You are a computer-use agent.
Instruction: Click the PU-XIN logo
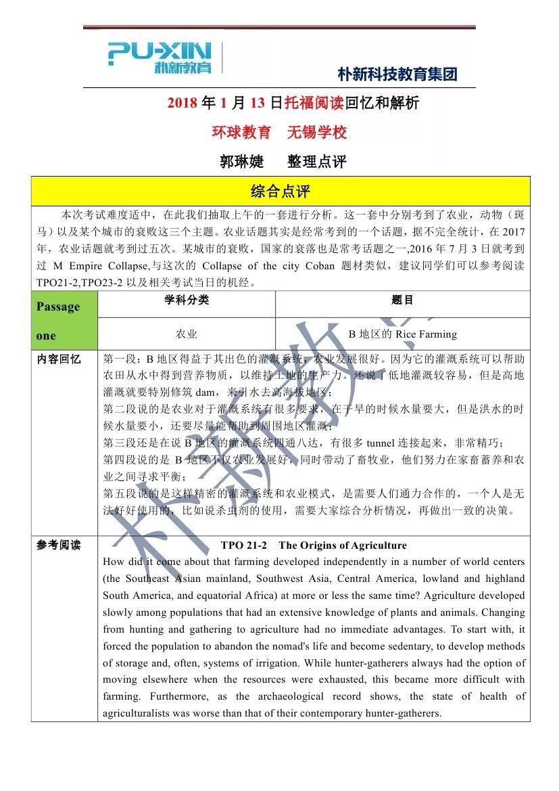click(x=160, y=58)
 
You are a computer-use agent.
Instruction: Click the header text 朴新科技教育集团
click(x=397, y=74)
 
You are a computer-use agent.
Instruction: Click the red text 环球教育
click(x=241, y=132)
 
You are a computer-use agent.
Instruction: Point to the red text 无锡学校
click(x=317, y=132)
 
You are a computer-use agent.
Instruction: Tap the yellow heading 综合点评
click(x=280, y=191)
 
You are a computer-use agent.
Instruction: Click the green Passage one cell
click(x=64, y=321)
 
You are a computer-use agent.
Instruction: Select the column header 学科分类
click(x=187, y=300)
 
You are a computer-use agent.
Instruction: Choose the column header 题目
click(x=402, y=300)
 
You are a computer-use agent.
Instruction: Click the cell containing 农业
click(x=187, y=334)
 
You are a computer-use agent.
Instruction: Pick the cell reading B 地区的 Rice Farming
click(x=402, y=334)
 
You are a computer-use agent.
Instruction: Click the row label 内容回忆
click(x=59, y=359)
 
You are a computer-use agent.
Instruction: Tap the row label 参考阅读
click(x=59, y=545)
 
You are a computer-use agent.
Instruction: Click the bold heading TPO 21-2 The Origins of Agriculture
click(x=314, y=545)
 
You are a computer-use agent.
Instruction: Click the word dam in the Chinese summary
click(x=205, y=392)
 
